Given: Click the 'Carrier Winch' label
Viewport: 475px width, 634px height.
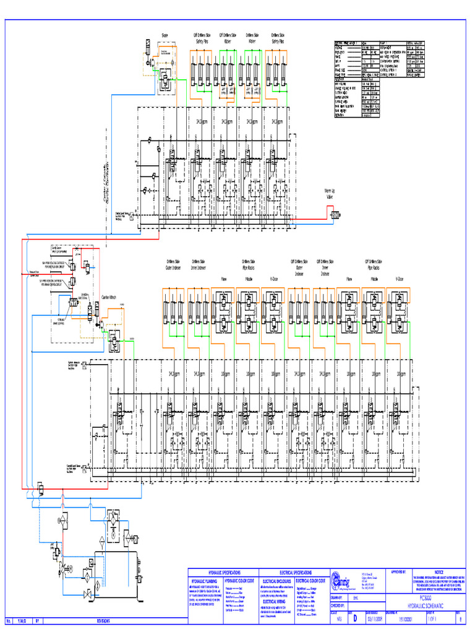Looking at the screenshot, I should (x=110, y=297).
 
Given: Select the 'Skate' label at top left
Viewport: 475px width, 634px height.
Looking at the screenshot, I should (x=166, y=35).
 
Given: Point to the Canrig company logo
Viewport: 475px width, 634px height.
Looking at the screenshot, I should (x=341, y=582).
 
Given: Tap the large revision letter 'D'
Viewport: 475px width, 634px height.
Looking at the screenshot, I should (x=354, y=618).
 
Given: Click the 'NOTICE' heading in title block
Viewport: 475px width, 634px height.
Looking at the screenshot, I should (x=439, y=572).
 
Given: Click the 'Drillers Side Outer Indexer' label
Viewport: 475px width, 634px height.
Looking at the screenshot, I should (x=173, y=264).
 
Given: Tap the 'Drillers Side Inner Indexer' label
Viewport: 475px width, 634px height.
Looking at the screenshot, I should (x=199, y=264).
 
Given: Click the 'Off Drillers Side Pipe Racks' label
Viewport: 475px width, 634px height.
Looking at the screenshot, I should (x=375, y=264).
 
